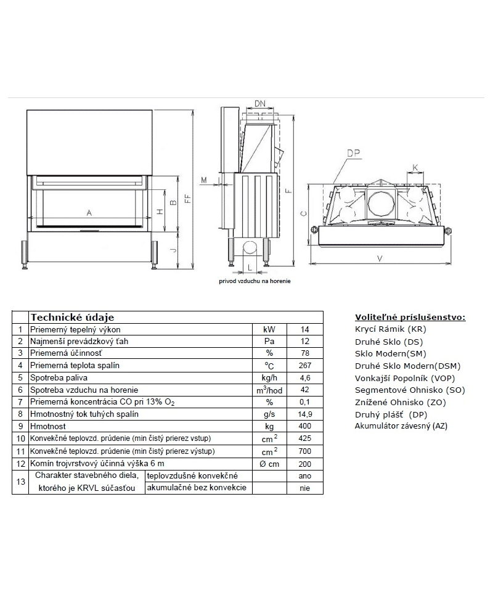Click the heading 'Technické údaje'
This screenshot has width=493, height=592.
click(72, 318)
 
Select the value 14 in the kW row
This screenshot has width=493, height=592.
click(305, 329)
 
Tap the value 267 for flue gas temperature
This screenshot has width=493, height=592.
click(305, 366)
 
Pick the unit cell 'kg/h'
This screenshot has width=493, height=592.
click(269, 377)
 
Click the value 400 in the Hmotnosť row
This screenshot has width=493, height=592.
click(305, 426)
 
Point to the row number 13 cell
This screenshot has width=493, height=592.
click(21, 482)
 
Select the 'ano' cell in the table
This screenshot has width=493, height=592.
click(305, 475)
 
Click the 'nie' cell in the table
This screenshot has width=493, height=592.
click(305, 488)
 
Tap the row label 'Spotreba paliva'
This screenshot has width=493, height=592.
click(58, 377)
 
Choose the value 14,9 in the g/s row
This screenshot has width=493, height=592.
click(305, 414)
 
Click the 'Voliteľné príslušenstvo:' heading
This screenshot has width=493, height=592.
click(410, 318)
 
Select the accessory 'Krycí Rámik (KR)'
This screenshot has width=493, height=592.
click(390, 329)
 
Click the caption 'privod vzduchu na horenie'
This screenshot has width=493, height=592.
click(255, 281)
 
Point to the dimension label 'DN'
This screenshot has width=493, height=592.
click(259, 105)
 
